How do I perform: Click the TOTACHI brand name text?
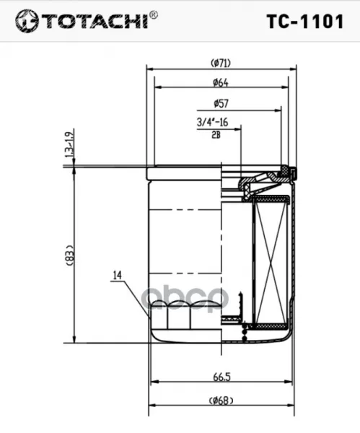[95, 21]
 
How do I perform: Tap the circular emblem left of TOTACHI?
[27, 21]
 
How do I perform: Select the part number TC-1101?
[305, 21]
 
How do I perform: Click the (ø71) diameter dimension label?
[221, 64]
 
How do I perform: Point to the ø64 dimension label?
[221, 82]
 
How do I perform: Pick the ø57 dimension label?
[221, 103]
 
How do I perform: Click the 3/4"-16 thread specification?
[212, 122]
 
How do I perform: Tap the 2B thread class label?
[216, 135]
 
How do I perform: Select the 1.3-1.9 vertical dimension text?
[69, 143]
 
